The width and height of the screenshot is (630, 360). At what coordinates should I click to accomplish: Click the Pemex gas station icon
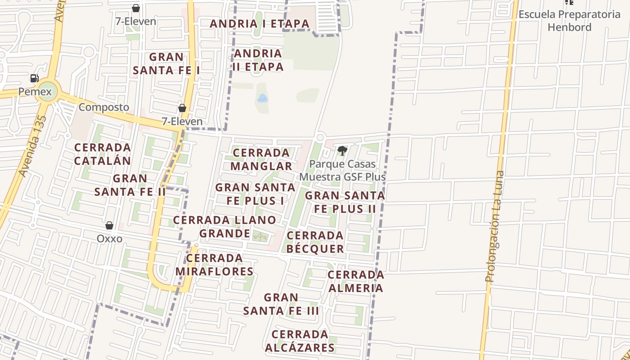pos(35,79)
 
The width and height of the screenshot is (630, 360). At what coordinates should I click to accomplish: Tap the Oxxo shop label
pos(109,238)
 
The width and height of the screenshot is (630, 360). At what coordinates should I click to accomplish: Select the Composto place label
pos(103,108)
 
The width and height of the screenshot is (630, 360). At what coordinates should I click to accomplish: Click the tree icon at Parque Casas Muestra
pos(342,150)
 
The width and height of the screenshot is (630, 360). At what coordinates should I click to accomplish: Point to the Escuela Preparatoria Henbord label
pos(569,21)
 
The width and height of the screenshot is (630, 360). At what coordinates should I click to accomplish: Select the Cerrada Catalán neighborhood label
pos(103,154)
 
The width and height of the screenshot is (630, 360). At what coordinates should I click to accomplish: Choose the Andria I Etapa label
pos(260,23)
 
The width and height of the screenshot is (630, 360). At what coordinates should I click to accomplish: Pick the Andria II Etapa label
pos(258,60)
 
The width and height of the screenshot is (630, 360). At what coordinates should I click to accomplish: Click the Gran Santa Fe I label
pos(166,63)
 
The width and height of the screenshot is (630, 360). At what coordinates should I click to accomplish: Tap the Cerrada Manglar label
pos(261,159)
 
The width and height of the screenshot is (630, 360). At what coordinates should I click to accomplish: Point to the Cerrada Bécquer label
pos(315,242)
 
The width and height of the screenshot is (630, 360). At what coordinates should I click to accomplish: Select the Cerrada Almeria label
pos(355,281)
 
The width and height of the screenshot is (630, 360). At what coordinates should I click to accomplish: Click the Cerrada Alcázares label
pos(300,341)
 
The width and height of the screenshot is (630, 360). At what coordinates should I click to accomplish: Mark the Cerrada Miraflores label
pos(215,265)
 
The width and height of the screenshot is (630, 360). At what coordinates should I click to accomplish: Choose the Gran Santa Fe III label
pos(281,304)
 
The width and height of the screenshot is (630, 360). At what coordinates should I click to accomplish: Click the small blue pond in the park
pos(262,98)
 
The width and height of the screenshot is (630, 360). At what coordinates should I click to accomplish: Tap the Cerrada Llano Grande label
pos(225,226)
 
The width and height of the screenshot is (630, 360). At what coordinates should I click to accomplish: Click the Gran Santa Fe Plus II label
pos(345,202)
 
